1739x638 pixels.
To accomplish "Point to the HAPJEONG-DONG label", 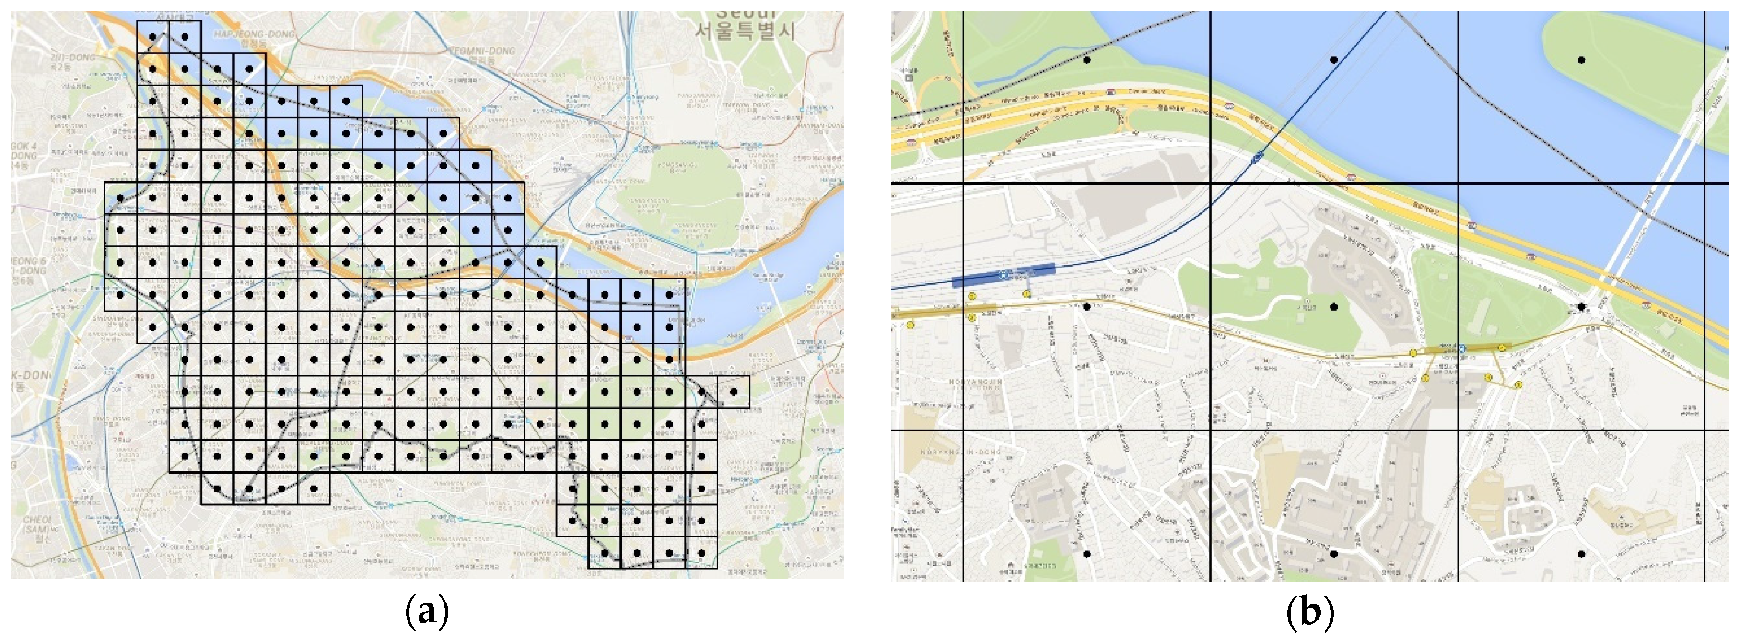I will [254, 34].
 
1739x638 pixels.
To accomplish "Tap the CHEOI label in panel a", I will [36, 520].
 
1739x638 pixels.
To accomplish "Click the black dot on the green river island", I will [1581, 60].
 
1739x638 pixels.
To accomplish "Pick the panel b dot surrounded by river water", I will [1334, 60].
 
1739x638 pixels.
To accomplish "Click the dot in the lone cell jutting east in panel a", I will [734, 392].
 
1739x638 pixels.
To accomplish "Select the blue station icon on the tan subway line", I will [1461, 348].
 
